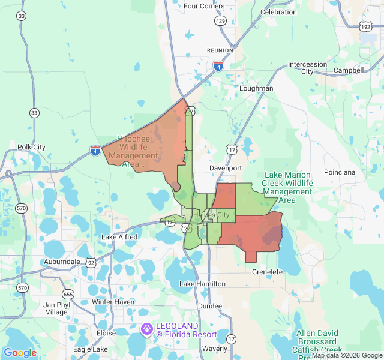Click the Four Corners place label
(x=204, y=6)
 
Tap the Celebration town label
(x=278, y=11)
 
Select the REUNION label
(x=219, y=50)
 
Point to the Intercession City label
(x=307, y=68)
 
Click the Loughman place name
(x=256, y=88)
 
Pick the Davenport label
(x=226, y=168)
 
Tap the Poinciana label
(x=340, y=172)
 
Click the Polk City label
(x=31, y=147)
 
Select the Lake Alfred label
(x=119, y=237)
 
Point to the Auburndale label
(x=62, y=262)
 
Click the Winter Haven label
(x=113, y=301)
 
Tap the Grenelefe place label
(x=267, y=272)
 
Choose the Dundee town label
(x=209, y=306)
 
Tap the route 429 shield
(x=220, y=21)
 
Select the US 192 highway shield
(x=365, y=26)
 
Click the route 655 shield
(x=68, y=294)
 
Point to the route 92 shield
(x=91, y=262)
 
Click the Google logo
(x=20, y=353)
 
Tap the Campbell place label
(x=349, y=70)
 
